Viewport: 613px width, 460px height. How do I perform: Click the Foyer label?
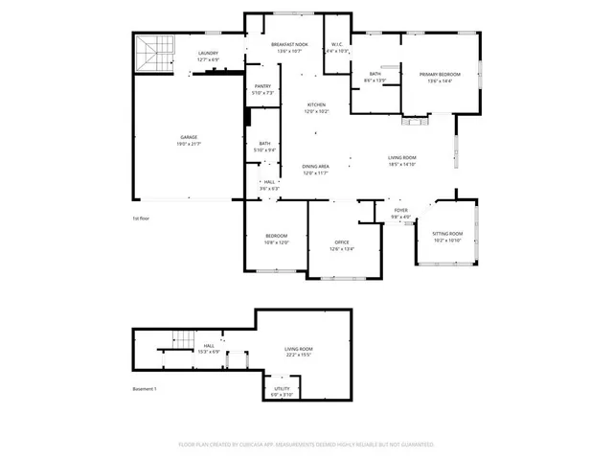(400, 214)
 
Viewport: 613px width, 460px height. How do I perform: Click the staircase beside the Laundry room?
(154, 54)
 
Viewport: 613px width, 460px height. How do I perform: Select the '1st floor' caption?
(141, 218)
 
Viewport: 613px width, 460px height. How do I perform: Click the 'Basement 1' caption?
(144, 388)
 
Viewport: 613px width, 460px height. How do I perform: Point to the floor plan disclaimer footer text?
(306, 445)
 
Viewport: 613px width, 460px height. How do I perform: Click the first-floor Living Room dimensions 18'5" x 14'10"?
(401, 164)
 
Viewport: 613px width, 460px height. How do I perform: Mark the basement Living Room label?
(299, 352)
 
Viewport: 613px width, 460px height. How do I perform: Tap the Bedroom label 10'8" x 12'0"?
(277, 239)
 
